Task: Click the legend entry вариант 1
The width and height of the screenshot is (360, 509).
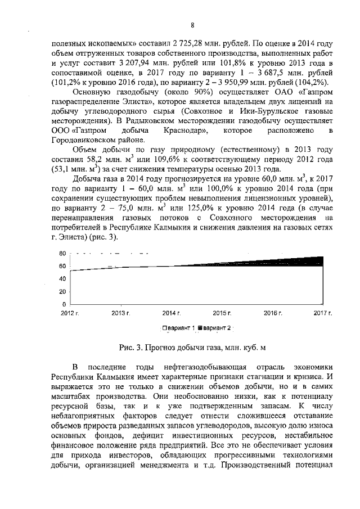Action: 178,327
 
